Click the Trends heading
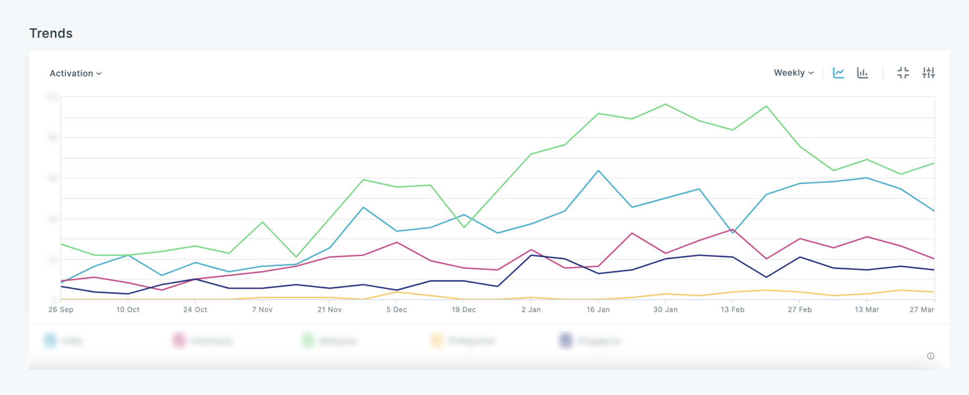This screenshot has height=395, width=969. coord(51,33)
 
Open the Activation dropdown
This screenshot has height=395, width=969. coord(75,73)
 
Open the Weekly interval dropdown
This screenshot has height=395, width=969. coord(793,73)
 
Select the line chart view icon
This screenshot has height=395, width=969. coord(838,73)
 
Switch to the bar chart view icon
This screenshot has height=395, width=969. coord(862,73)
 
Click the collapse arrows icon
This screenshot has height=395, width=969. coord(903,73)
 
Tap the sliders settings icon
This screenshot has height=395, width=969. coord(928,73)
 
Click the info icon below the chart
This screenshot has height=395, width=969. coord(930,356)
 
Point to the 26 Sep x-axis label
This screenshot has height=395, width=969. coord(60,310)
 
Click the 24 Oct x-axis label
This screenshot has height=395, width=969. coord(195,310)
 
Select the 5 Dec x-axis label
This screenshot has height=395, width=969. coord(396,310)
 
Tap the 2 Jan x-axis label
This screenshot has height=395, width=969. coord(531,310)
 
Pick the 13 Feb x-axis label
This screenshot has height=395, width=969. coord(732,310)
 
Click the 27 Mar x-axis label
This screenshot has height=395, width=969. coord(922,310)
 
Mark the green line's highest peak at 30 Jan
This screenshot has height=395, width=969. coord(666,104)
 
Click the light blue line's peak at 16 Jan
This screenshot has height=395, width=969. coord(598,171)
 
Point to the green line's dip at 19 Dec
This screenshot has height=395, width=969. coord(464,227)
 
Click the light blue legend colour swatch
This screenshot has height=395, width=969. coord(50,341)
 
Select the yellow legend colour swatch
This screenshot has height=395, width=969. coord(437,341)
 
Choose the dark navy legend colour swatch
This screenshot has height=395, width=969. coord(566,341)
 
